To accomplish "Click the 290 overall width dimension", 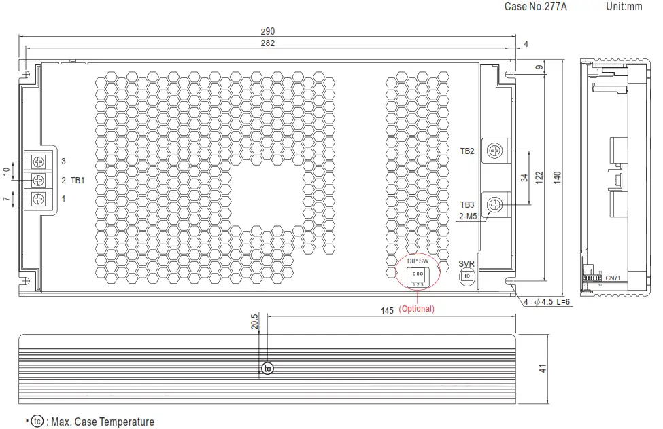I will tap(267, 31).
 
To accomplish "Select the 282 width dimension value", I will tap(267, 43).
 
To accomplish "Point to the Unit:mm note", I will tap(624, 6).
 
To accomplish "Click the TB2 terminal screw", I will tap(496, 151).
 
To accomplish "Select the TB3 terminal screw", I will tap(496, 204).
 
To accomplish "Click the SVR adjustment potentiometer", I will tap(466, 275).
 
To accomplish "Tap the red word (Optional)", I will tap(416, 309).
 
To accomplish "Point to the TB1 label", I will tap(77, 181).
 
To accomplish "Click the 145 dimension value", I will tap(388, 310).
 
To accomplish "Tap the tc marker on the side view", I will tap(267, 369).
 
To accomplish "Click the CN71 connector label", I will tap(613, 278).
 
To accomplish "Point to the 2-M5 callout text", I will tap(468, 217).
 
